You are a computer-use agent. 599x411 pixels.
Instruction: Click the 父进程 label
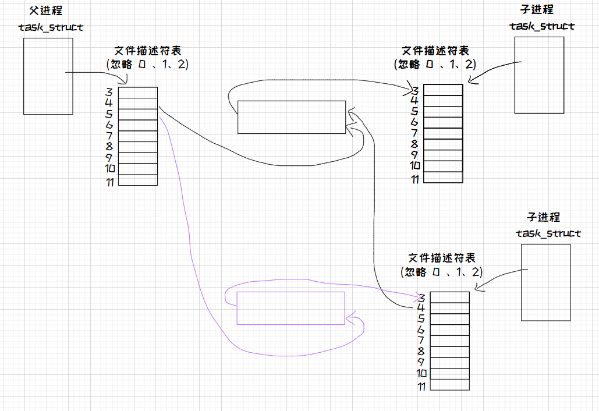tap(45, 10)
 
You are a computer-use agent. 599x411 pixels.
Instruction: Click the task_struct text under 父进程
tap(51, 27)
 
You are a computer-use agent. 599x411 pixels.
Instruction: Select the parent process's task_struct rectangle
tap(48, 76)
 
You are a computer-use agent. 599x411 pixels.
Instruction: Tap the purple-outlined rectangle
tap(290, 307)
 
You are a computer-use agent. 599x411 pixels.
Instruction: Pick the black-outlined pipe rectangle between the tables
tap(292, 117)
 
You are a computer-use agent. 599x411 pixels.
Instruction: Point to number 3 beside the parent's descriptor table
tap(109, 91)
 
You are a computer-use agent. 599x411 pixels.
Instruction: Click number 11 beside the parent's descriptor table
tap(109, 182)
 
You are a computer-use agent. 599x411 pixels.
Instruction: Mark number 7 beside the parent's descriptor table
tap(109, 136)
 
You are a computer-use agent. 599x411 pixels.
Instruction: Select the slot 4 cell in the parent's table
tap(138, 103)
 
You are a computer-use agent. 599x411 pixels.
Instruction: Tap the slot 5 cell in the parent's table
tap(138, 114)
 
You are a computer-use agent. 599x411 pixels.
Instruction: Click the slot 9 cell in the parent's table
tap(138, 158)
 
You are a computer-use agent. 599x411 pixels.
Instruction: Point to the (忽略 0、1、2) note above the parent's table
tap(147, 65)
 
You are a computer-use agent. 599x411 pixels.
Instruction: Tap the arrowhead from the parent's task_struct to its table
tap(124, 82)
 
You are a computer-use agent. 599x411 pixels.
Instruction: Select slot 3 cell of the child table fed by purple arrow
tap(449, 297)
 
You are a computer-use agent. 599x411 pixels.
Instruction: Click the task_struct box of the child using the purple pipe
tap(545, 282)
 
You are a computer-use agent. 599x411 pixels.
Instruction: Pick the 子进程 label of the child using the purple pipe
tap(543, 217)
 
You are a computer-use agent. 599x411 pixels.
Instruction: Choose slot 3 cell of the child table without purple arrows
tap(443, 90)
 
